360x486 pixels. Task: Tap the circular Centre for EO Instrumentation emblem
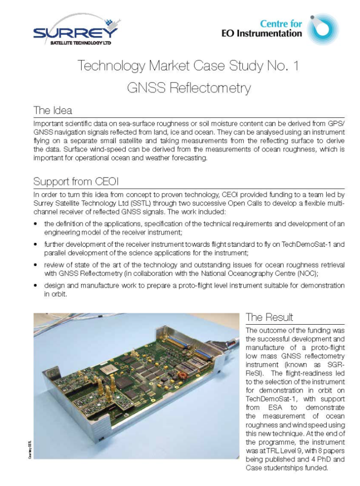323,29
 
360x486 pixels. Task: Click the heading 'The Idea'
52,111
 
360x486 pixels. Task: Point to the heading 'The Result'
269,317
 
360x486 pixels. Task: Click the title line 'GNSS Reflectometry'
188,88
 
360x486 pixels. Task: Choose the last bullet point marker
36,286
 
